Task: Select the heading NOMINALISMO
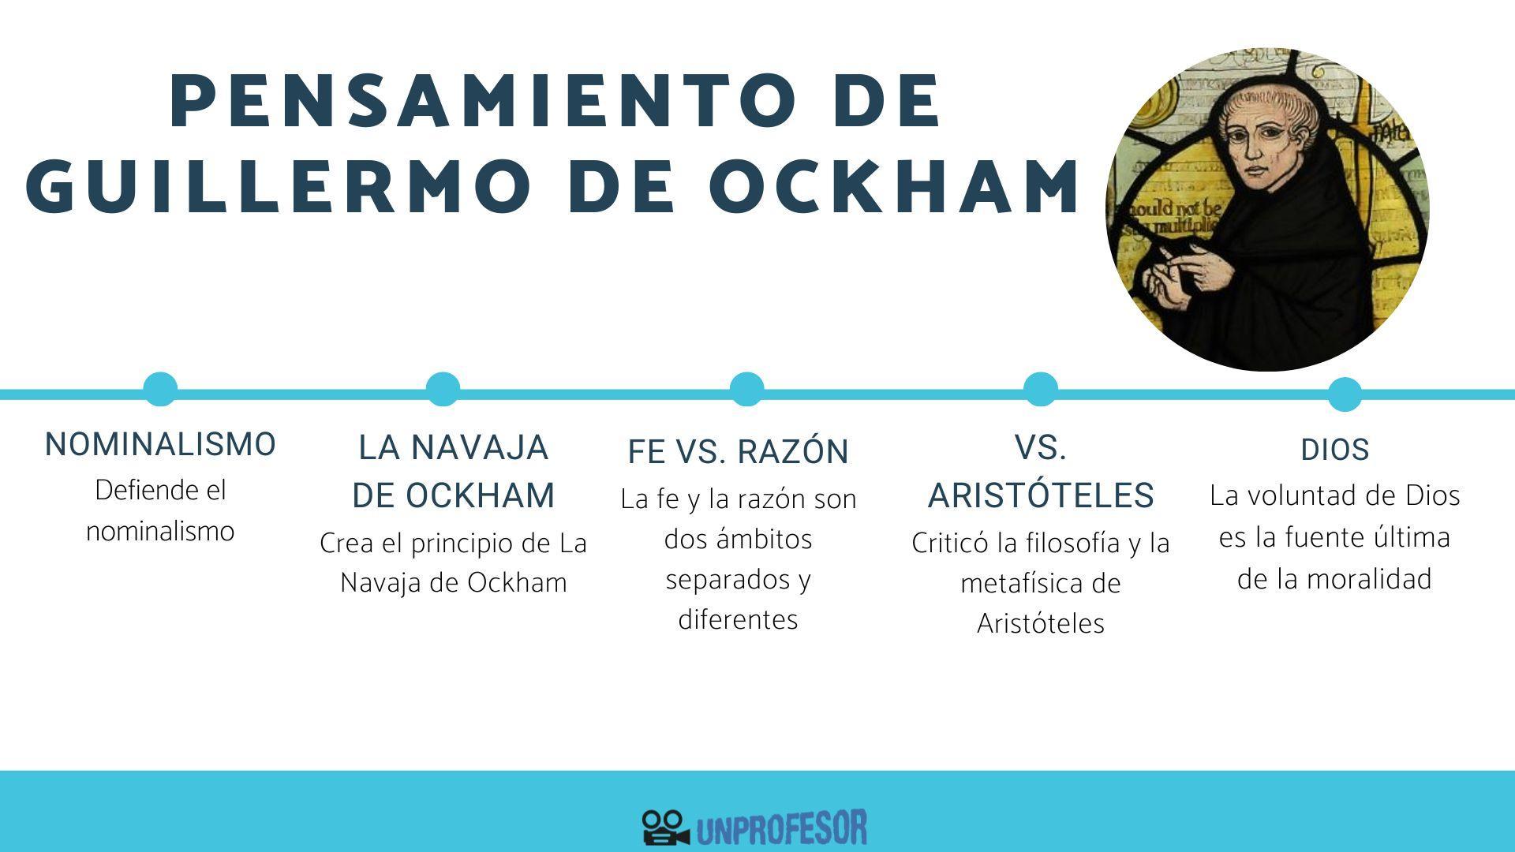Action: click(160, 445)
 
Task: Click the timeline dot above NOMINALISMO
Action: click(160, 389)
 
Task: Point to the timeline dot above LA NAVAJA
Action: click(443, 389)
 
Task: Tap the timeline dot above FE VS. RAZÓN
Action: click(746, 389)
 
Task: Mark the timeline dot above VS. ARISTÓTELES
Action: click(1040, 389)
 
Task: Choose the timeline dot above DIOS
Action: click(1345, 394)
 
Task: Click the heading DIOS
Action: click(1334, 450)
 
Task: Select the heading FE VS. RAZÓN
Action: click(738, 452)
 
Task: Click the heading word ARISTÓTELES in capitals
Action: click(1041, 495)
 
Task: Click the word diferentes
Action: click(738, 620)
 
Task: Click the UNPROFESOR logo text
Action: click(781, 828)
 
